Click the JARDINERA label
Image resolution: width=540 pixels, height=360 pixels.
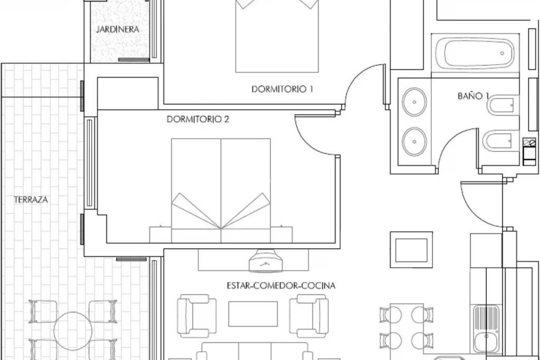coord(118,29)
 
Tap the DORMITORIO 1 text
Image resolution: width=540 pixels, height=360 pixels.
coord(282,89)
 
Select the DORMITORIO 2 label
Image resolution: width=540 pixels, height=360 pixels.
coord(198,119)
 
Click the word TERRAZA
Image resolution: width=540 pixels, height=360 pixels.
coord(31,200)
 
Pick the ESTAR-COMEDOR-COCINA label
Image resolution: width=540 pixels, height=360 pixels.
coord(281,286)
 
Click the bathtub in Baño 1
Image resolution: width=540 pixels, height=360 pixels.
coord(475,53)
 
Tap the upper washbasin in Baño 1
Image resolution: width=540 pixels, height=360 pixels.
coord(414,102)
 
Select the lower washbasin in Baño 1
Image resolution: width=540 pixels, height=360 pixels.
coord(414,141)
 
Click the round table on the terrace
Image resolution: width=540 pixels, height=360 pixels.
coord(73,331)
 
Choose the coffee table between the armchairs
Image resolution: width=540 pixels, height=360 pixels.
coord(253,314)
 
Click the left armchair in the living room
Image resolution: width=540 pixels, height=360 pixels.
coord(196,316)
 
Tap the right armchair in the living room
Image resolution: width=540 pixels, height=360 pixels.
coord(309,316)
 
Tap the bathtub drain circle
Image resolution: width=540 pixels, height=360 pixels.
coord(502,53)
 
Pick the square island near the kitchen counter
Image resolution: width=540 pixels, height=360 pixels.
coord(411,250)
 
